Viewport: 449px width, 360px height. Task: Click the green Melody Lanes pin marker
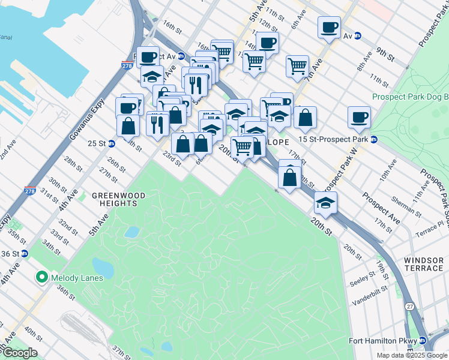[42, 278]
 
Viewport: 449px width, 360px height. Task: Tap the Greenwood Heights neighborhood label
[115, 199]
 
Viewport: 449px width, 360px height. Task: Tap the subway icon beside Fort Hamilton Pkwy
[423, 340]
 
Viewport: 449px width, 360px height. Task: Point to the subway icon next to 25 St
[112, 143]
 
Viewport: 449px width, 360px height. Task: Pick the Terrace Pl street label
[432, 223]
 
